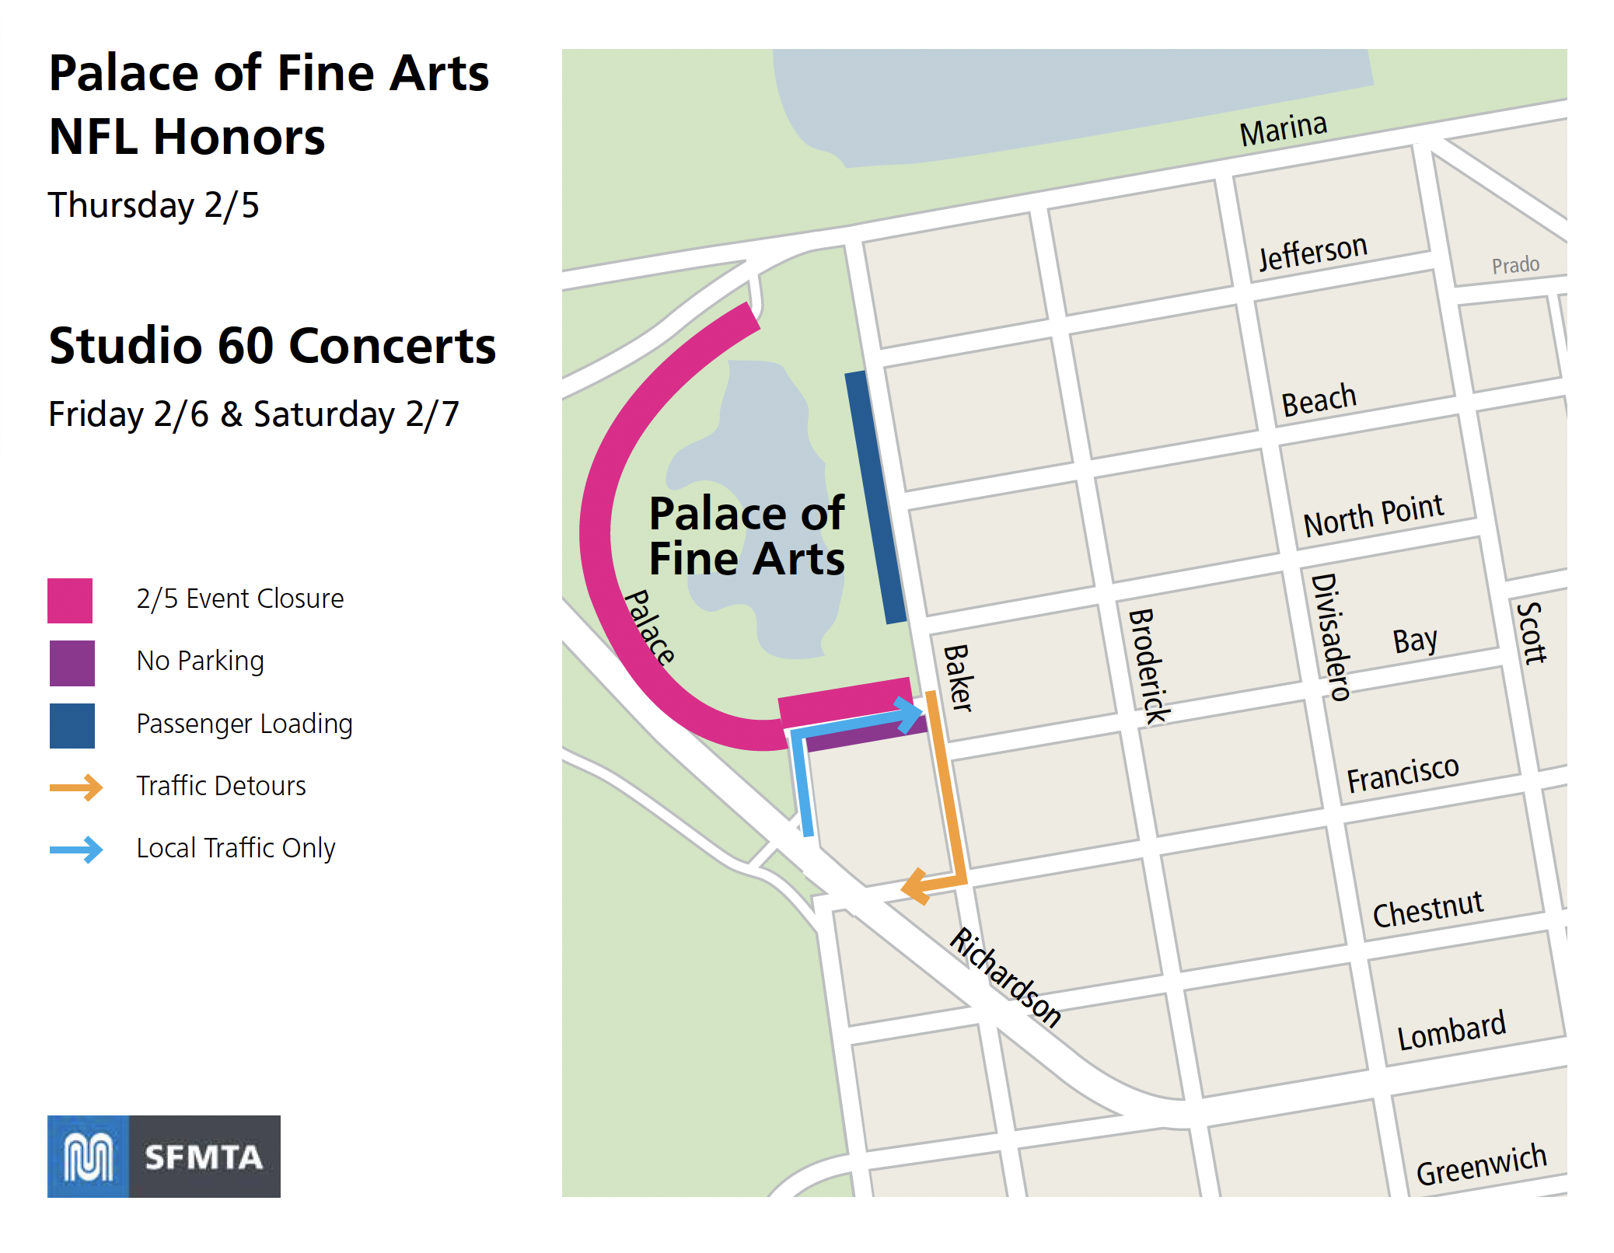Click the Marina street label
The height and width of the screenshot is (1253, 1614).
pos(1283,129)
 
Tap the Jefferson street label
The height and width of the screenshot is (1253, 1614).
pos(1312,253)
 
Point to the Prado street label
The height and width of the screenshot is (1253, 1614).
pos(1515,265)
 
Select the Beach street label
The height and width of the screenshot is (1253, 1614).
pos(1319,400)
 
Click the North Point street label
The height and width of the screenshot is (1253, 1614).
pos(1373,515)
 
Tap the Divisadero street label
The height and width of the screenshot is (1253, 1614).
pos(1330,637)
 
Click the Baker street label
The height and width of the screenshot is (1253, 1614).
pos(958,677)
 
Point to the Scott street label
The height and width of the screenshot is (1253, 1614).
pos(1532,633)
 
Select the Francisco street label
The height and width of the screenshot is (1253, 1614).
pos(1403,774)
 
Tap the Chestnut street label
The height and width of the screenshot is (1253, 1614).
pos(1427,909)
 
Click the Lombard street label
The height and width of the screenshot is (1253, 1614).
pos(1452,1031)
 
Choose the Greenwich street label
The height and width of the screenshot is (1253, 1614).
pos(1481,1165)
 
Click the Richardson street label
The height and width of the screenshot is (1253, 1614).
pos(1005,977)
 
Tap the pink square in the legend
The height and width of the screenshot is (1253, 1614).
pos(70,600)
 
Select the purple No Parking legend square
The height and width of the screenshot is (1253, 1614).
pos(72,662)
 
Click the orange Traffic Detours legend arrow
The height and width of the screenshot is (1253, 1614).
pos(76,787)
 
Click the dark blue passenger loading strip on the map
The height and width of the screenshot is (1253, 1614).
pos(875,497)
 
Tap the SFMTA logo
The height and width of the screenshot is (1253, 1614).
pos(164,1156)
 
